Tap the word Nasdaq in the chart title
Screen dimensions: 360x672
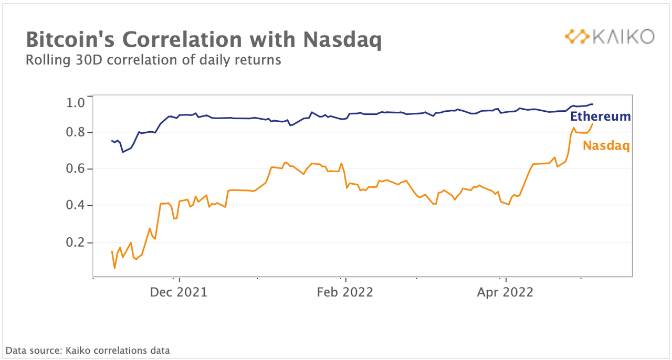pyautogui.click(x=341, y=40)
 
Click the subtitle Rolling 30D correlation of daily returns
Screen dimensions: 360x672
pyautogui.click(x=153, y=60)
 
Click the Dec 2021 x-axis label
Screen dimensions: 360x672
pyautogui.click(x=178, y=292)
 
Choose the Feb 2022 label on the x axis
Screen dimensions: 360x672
pyautogui.click(x=345, y=292)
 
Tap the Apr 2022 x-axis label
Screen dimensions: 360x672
pyautogui.click(x=505, y=292)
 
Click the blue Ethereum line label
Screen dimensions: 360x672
pyautogui.click(x=601, y=116)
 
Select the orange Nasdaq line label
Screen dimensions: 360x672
pyautogui.click(x=606, y=145)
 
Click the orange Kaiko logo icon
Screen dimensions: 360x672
pyautogui.click(x=576, y=36)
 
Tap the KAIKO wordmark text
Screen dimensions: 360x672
pyautogui.click(x=623, y=36)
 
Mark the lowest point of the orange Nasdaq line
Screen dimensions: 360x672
pyautogui.click(x=114, y=268)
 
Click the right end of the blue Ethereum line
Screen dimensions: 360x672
pyautogui.click(x=593, y=104)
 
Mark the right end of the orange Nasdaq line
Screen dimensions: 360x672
pyautogui.click(x=593, y=124)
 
